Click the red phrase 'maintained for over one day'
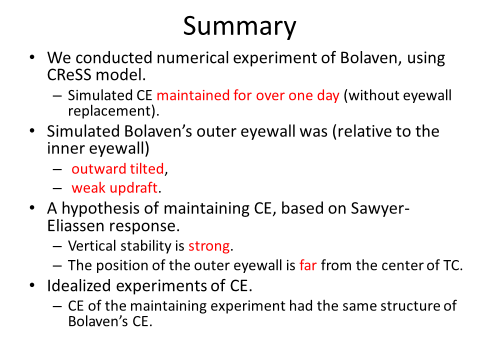coord(248,95)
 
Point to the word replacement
coord(110,111)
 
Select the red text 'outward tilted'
coord(118,168)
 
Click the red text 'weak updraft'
coord(114,187)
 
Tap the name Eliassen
coord(76,226)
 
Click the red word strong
coord(209,246)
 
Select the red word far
coord(308,265)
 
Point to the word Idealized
coord(78,285)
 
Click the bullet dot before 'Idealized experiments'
coord(32,285)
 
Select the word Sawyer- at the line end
coord(380,209)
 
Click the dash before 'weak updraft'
coord(57,188)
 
